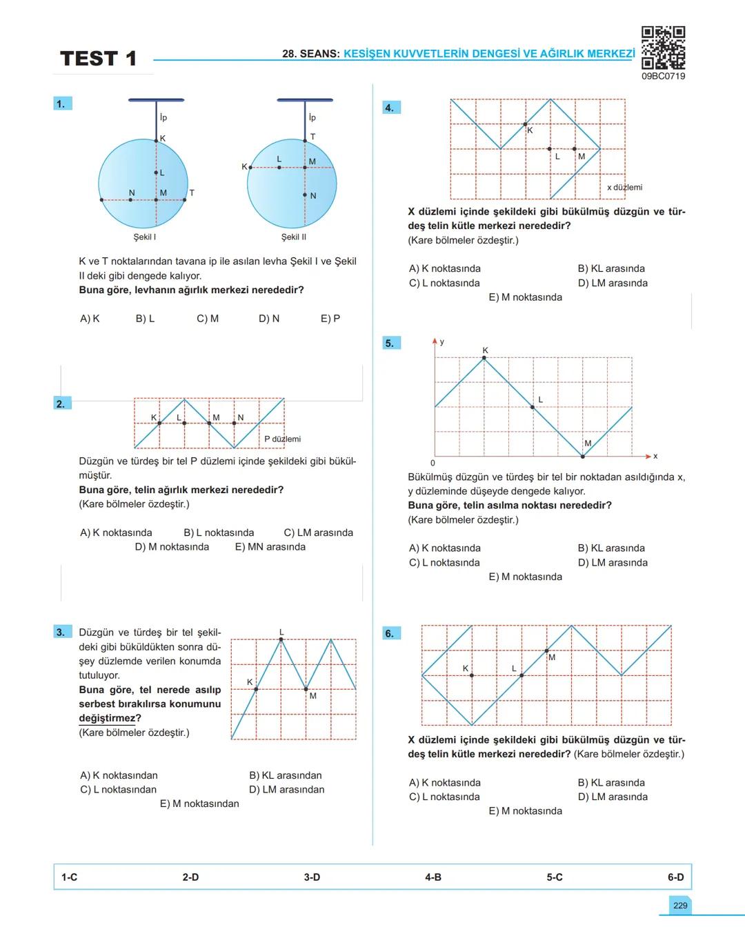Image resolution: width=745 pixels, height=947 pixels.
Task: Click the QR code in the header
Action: coord(663,47)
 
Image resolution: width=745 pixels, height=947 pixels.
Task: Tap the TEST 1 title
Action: coord(99,59)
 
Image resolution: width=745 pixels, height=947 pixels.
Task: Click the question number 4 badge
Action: coord(390,108)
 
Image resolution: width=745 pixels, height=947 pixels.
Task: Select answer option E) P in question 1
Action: coord(330,319)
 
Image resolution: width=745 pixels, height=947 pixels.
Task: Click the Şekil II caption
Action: coord(294,237)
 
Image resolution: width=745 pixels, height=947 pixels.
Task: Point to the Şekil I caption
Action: coord(145,237)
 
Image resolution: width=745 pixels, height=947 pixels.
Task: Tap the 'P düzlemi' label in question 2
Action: coord(282,439)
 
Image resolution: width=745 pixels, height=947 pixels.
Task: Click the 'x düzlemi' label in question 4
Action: coord(624,188)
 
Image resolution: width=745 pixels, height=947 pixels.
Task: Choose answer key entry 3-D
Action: coord(312,877)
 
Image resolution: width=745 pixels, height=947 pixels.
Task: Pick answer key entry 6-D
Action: coord(675,877)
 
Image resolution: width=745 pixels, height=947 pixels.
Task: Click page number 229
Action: coord(680,906)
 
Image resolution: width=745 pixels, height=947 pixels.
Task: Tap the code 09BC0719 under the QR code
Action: coord(663,77)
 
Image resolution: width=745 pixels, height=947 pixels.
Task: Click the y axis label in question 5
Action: coord(442,342)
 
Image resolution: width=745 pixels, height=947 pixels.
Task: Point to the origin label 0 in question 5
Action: coord(433,463)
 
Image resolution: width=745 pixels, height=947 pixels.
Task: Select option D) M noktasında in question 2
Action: coord(172,547)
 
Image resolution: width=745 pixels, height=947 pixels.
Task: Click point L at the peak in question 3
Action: coord(281,639)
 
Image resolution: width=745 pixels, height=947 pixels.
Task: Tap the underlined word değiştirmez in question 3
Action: coord(107,719)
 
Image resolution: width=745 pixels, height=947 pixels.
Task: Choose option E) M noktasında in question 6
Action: coord(525,811)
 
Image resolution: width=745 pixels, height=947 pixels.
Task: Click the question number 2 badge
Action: coord(61,403)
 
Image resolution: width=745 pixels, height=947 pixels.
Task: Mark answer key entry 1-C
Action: coord(69,877)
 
